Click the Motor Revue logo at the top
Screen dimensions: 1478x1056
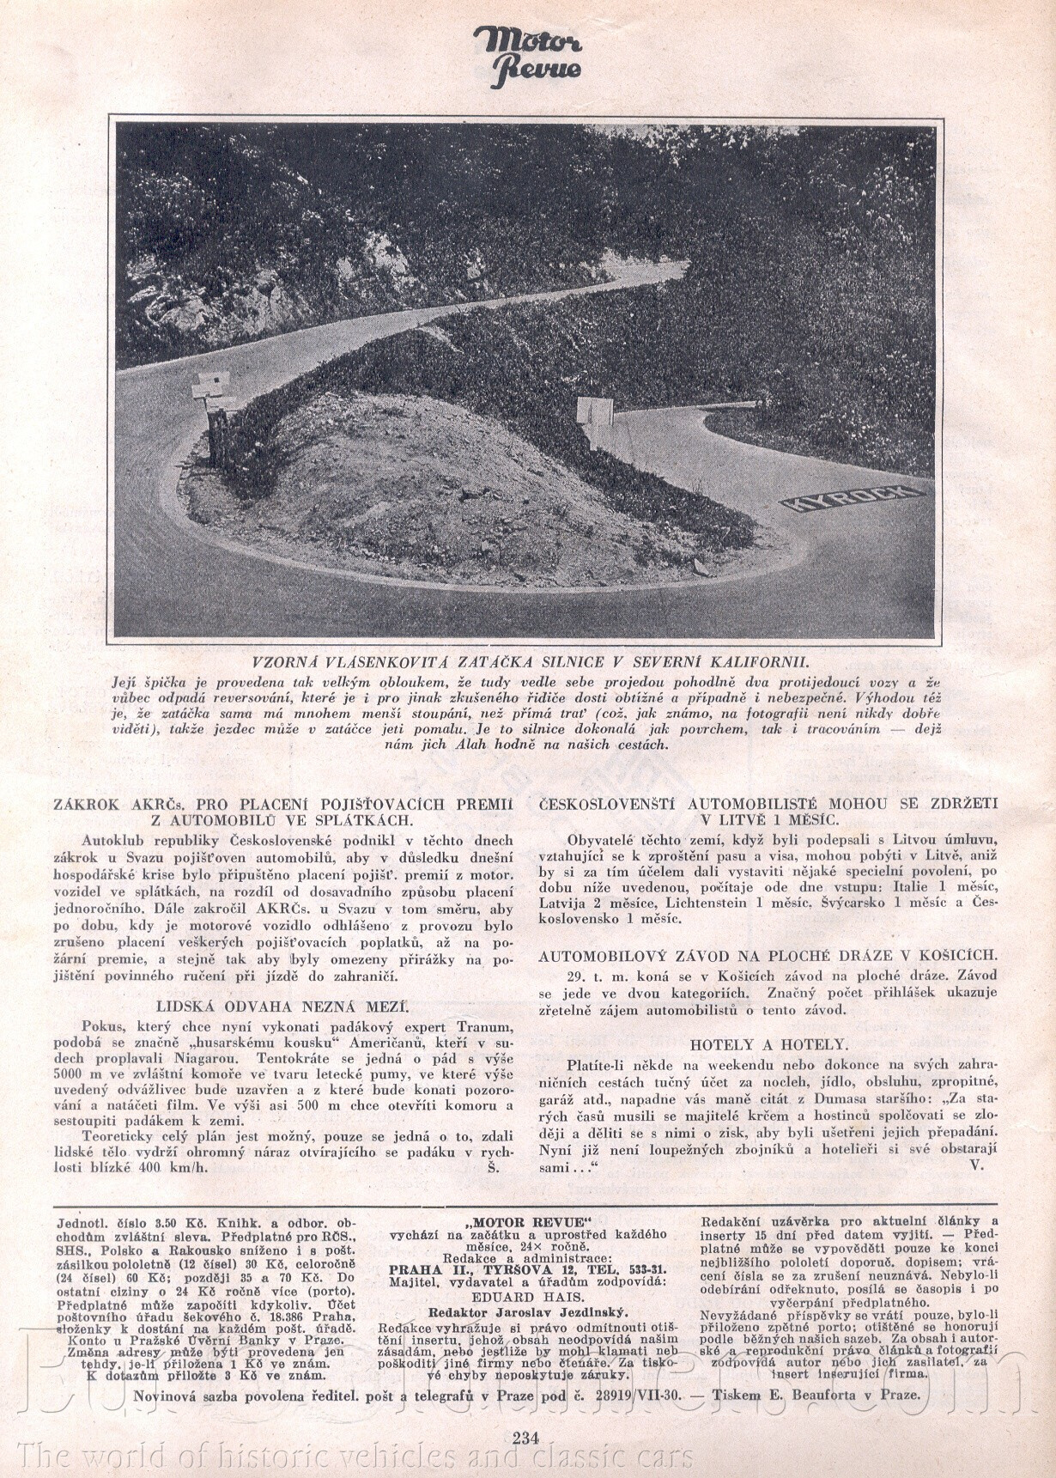click(527, 57)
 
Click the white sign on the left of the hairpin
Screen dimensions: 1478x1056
click(210, 386)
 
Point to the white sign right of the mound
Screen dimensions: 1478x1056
click(594, 411)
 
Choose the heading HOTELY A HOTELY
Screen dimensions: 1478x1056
click(768, 1044)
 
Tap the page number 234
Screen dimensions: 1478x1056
click(525, 1438)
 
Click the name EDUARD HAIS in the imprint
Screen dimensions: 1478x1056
click(528, 1297)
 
